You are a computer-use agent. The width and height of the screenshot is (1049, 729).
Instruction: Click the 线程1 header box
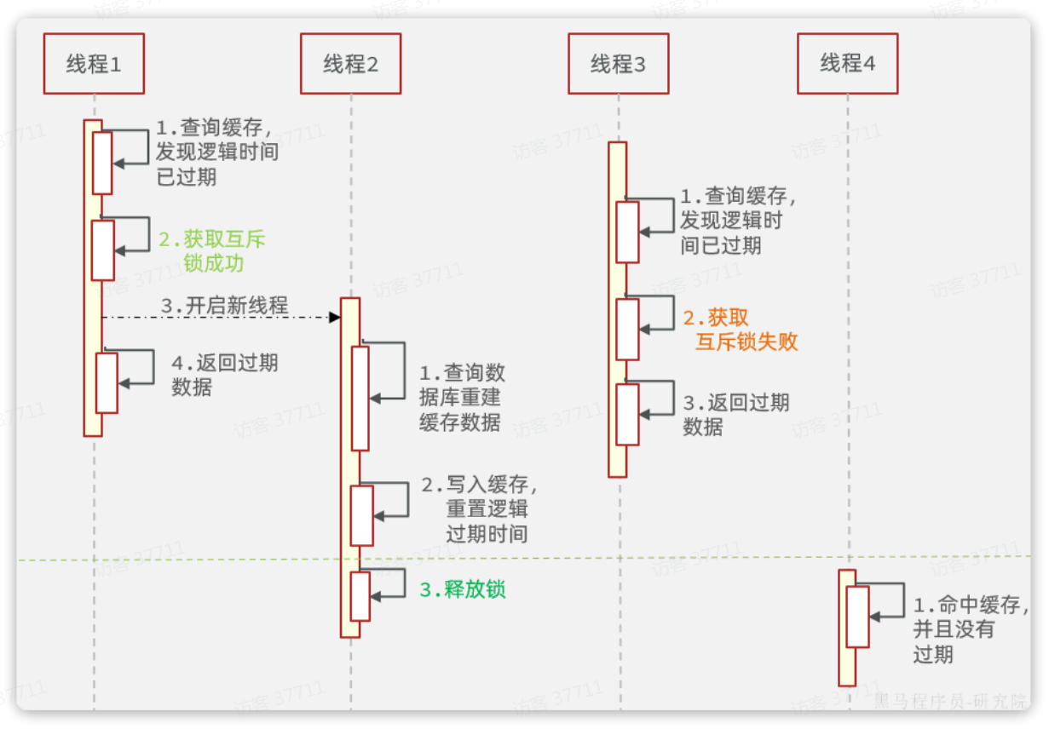(x=94, y=64)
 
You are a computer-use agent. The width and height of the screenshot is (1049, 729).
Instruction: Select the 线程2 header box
(x=350, y=64)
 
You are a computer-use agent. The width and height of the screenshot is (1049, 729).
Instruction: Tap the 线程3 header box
(x=619, y=64)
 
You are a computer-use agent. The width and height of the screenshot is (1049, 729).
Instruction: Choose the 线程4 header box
(x=847, y=64)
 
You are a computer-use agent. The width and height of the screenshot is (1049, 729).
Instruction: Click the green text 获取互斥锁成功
(x=213, y=251)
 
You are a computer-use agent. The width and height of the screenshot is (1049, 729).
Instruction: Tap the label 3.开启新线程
(x=224, y=306)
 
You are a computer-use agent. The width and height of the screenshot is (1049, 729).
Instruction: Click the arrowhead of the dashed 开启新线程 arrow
(x=335, y=318)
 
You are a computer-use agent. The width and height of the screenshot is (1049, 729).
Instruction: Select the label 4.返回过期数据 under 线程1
(x=224, y=375)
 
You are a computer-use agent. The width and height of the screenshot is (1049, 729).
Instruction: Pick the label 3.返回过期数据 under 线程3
(x=736, y=415)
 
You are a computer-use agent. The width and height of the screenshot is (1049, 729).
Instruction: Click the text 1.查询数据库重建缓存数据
(x=460, y=397)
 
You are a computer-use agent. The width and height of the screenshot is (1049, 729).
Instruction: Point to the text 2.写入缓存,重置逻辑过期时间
(x=479, y=509)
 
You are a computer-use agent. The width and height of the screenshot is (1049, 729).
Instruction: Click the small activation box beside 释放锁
(x=360, y=596)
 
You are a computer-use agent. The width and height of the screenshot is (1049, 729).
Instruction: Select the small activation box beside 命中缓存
(x=857, y=616)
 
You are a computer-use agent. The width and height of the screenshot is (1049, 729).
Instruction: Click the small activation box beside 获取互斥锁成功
(x=103, y=250)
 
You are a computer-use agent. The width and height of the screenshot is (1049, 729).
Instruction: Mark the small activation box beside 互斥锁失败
(x=627, y=329)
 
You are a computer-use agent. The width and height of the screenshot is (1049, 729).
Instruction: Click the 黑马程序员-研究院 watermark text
(x=950, y=702)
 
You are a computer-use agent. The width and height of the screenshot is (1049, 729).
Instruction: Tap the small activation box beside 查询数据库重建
(x=360, y=397)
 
